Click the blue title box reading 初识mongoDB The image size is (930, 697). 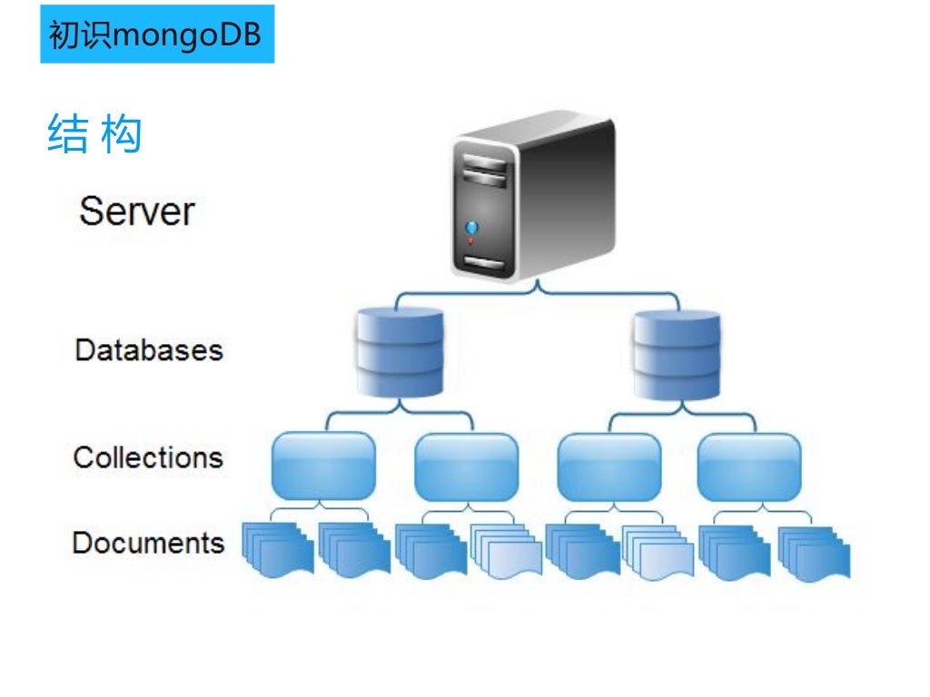tap(156, 34)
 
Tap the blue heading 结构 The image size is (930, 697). tap(94, 134)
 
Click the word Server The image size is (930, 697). tap(136, 211)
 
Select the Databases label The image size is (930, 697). tap(148, 349)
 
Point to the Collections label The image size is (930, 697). tap(148, 456)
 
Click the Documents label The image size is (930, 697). tap(148, 543)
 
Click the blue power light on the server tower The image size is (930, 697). tap(470, 227)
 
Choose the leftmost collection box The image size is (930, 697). tap(323, 466)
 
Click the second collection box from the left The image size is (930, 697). tap(466, 466)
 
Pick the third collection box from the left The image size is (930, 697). tap(608, 466)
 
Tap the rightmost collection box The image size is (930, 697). tap(749, 466)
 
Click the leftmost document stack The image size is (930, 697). tap(277, 549)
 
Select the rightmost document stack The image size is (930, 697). tap(815, 551)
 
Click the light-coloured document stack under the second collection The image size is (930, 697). tap(506, 551)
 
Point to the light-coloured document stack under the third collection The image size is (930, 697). tap(658, 551)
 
